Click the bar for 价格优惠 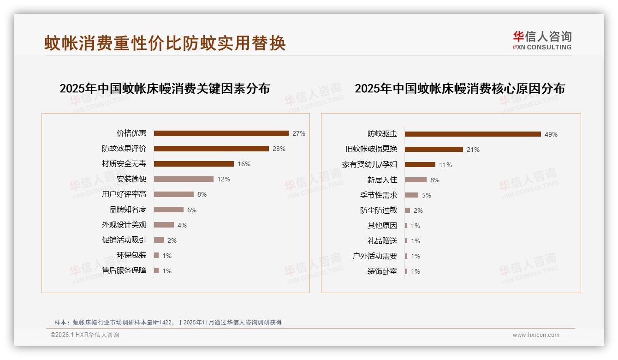pos(221,133)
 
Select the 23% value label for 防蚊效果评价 pos(279,149)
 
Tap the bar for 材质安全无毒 pos(194,164)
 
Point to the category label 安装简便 pos(131,179)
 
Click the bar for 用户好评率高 pos(173,194)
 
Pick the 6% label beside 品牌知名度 pos(192,210)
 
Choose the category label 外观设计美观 pos(124,225)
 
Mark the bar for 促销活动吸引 pos(159,240)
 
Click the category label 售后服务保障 pos(124,270)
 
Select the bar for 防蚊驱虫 pos(473,134)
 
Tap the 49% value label pos(551,134)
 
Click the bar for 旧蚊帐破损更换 pos(434,150)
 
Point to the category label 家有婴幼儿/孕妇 pos(369,164)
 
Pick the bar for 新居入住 pos(416,180)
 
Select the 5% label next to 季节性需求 pos(427,195)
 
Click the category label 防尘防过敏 pos(379,210)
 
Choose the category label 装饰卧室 pos(382,271)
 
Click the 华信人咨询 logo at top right pos(542,40)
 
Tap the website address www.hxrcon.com pos(536,335)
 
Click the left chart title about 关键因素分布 pos(165,89)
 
